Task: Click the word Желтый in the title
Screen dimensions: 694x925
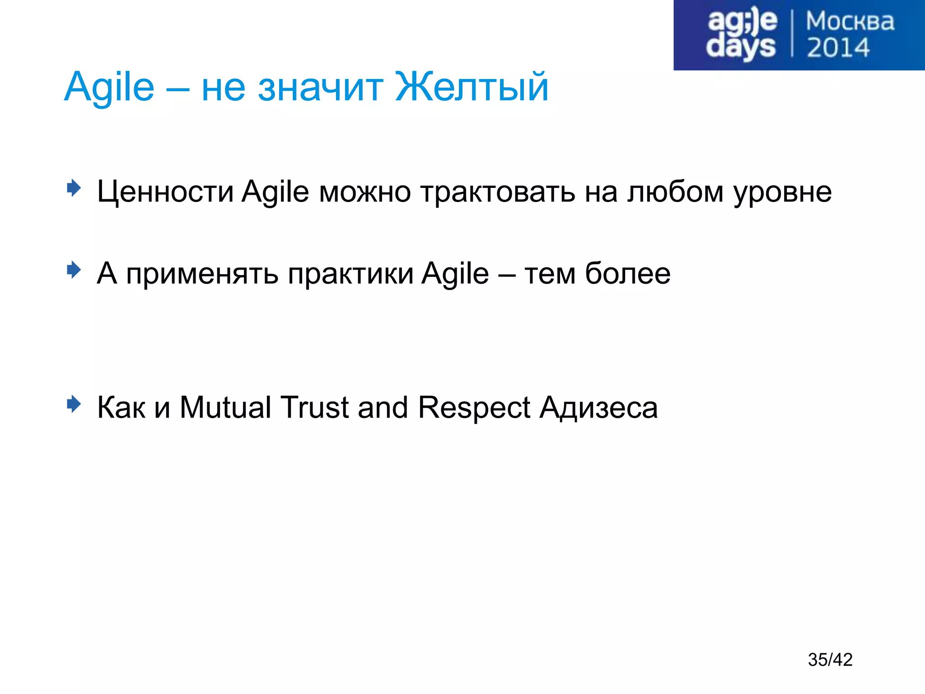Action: coord(472,87)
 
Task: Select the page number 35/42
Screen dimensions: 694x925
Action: coord(830,660)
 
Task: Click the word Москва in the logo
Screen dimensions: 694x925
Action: coord(850,22)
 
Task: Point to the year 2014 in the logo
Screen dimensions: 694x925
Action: coord(838,48)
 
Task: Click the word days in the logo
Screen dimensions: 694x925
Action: coord(740,47)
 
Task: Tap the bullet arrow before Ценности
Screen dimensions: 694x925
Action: coord(74,188)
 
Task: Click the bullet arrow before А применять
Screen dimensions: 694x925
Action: coord(74,270)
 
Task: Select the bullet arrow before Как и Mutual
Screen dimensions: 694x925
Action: coord(74,403)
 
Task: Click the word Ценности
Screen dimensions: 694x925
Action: coord(165,192)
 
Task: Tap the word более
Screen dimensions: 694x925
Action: coord(627,273)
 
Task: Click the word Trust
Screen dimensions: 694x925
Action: coord(314,407)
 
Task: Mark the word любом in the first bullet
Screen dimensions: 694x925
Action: coord(675,192)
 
